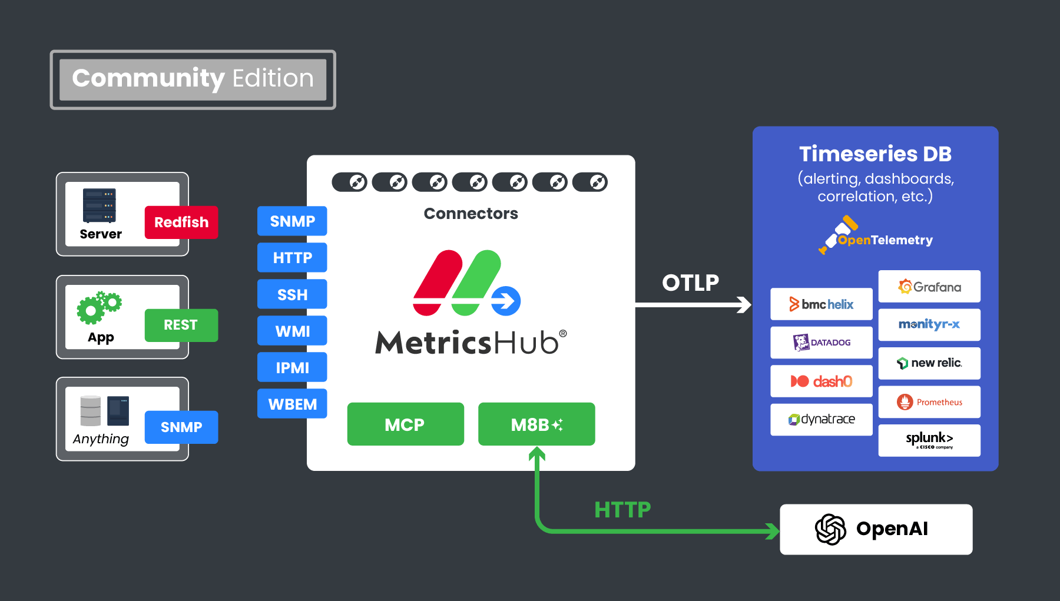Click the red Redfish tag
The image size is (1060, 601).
tap(181, 223)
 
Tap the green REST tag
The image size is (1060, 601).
tap(181, 325)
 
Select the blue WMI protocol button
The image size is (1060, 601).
tap(292, 331)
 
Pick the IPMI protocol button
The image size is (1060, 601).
tap(292, 368)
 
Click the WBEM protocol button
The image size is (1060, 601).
tap(292, 404)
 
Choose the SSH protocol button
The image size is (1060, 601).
tap(292, 295)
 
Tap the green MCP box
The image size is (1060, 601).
tap(405, 424)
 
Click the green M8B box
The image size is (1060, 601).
tap(536, 424)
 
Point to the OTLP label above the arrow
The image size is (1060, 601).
tap(690, 283)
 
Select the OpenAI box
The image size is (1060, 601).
tap(876, 529)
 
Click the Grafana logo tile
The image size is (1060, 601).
tap(929, 287)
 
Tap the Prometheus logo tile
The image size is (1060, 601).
tap(929, 402)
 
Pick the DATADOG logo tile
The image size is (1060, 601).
tap(821, 343)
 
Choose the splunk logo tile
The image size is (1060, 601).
tap(929, 440)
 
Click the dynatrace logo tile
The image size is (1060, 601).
tap(821, 420)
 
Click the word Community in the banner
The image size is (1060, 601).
tap(148, 78)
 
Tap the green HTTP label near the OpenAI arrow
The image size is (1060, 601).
tap(622, 510)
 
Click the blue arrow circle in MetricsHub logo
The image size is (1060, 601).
tap(506, 301)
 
